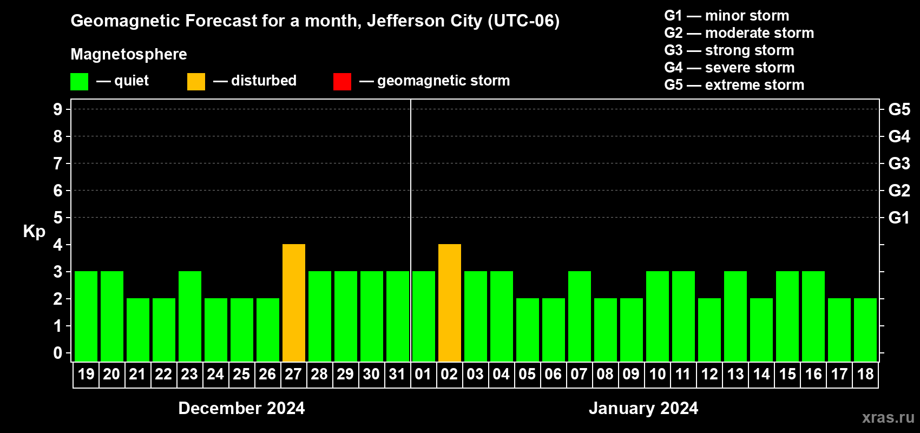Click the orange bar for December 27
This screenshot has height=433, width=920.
click(294, 303)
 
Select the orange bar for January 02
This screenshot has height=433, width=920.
click(450, 303)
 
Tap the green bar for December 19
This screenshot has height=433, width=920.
click(86, 316)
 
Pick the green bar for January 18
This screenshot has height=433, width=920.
click(865, 330)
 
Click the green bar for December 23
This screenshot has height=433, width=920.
click(190, 316)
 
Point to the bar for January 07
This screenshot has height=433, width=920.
click(580, 316)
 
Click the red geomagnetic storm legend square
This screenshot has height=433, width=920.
click(342, 82)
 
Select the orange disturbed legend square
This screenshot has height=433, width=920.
click(196, 82)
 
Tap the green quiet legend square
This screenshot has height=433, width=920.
click(79, 82)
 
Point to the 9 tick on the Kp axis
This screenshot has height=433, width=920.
click(58, 109)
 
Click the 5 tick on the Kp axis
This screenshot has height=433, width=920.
click(58, 218)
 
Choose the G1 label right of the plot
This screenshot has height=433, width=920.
click(899, 218)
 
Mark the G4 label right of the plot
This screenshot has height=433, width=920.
click(899, 136)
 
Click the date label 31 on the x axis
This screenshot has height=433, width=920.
click(397, 374)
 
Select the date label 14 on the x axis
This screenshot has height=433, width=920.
click(761, 374)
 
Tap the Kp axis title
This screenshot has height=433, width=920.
click(34, 231)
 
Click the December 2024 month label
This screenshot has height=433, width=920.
click(241, 408)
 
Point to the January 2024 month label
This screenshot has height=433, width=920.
click(643, 408)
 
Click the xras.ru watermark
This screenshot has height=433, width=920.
click(888, 417)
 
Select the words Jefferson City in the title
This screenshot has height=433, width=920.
click(424, 21)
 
